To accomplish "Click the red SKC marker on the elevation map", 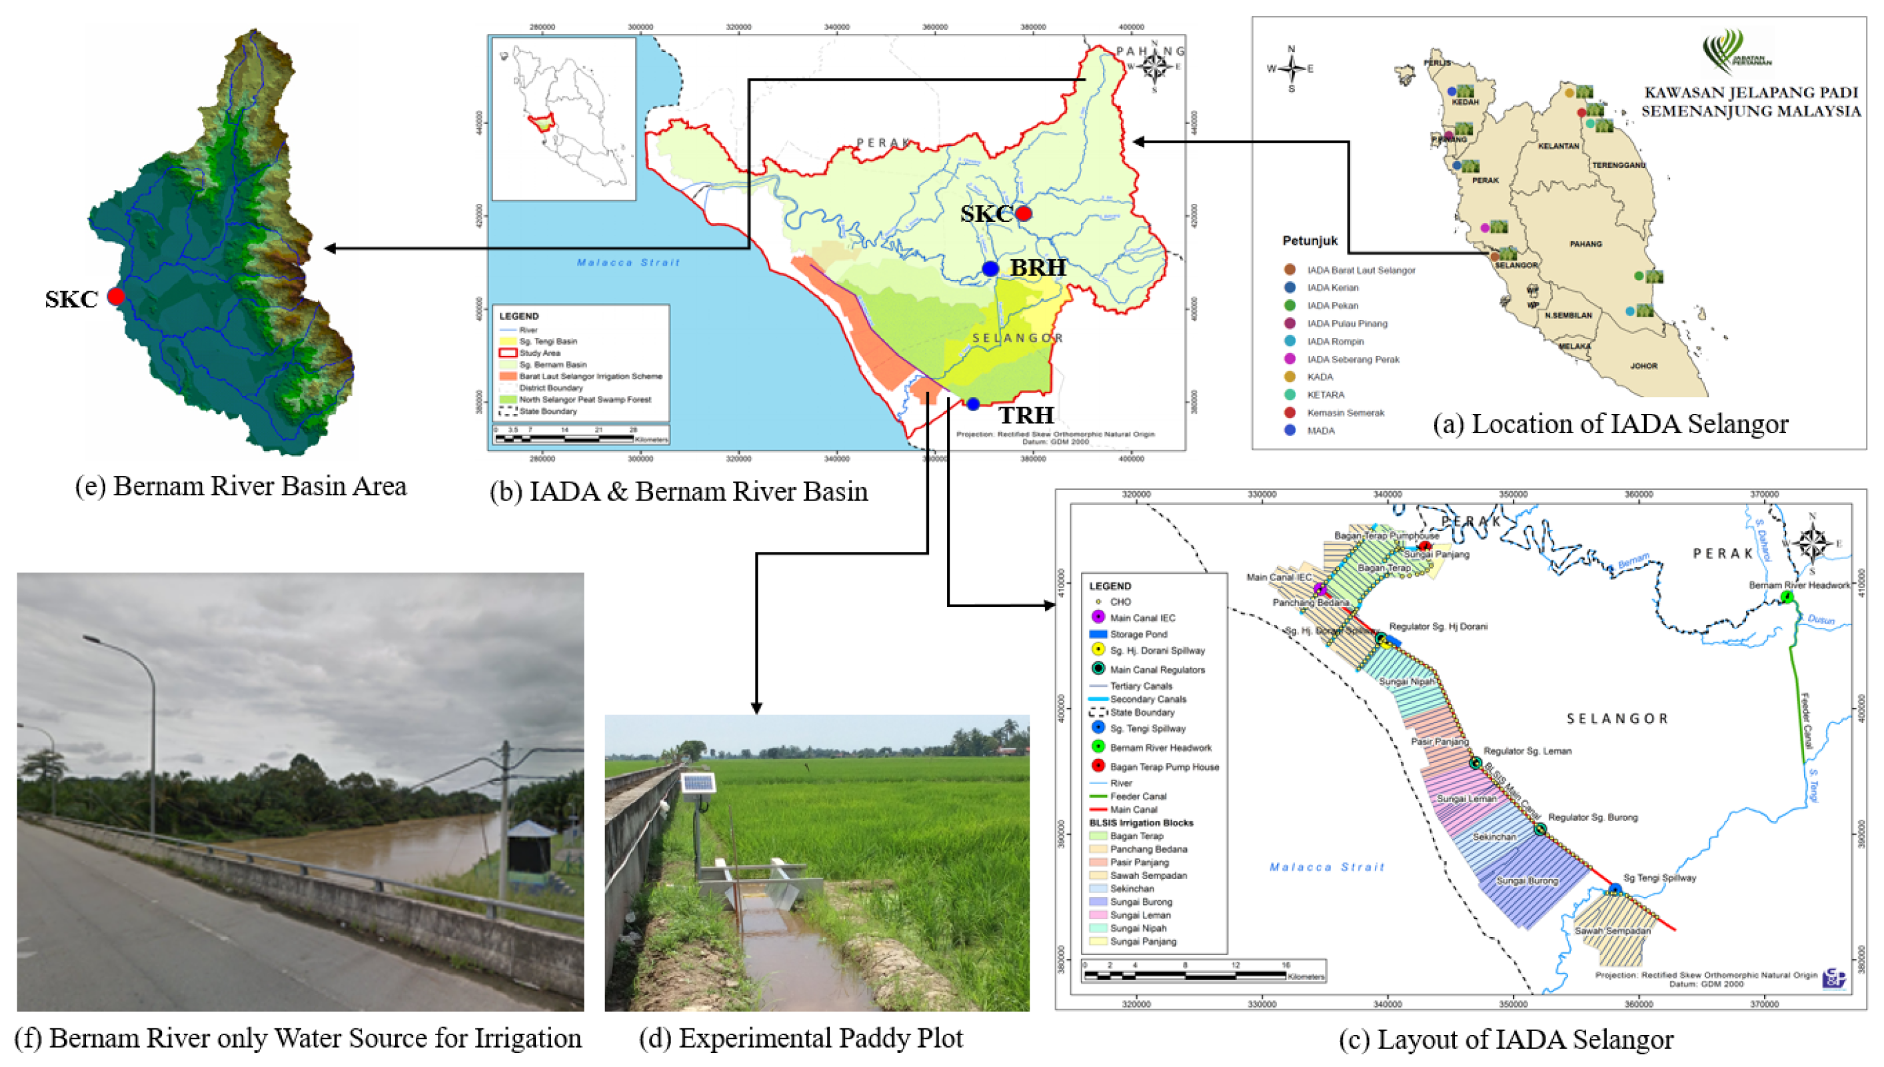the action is point(116,296).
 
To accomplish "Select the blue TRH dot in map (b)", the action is point(972,404).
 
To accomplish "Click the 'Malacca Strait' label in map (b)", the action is point(628,263).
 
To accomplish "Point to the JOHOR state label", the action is point(1643,366).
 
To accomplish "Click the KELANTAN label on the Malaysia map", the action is point(1558,146).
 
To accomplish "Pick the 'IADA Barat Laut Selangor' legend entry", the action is point(1360,271).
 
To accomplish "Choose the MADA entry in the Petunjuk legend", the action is point(1320,431).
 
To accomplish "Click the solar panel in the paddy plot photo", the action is point(698,783).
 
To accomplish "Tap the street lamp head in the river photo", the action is point(91,639).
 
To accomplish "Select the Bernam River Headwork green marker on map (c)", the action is point(1787,597).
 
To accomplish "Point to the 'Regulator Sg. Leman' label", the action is point(1527,751).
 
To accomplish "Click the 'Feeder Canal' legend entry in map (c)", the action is point(1138,796).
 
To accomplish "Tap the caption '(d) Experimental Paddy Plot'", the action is point(800,1038).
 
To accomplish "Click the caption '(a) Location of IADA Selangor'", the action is point(1610,425).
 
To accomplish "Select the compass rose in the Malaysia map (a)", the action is point(1291,69).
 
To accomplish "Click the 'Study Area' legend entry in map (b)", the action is point(539,353).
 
